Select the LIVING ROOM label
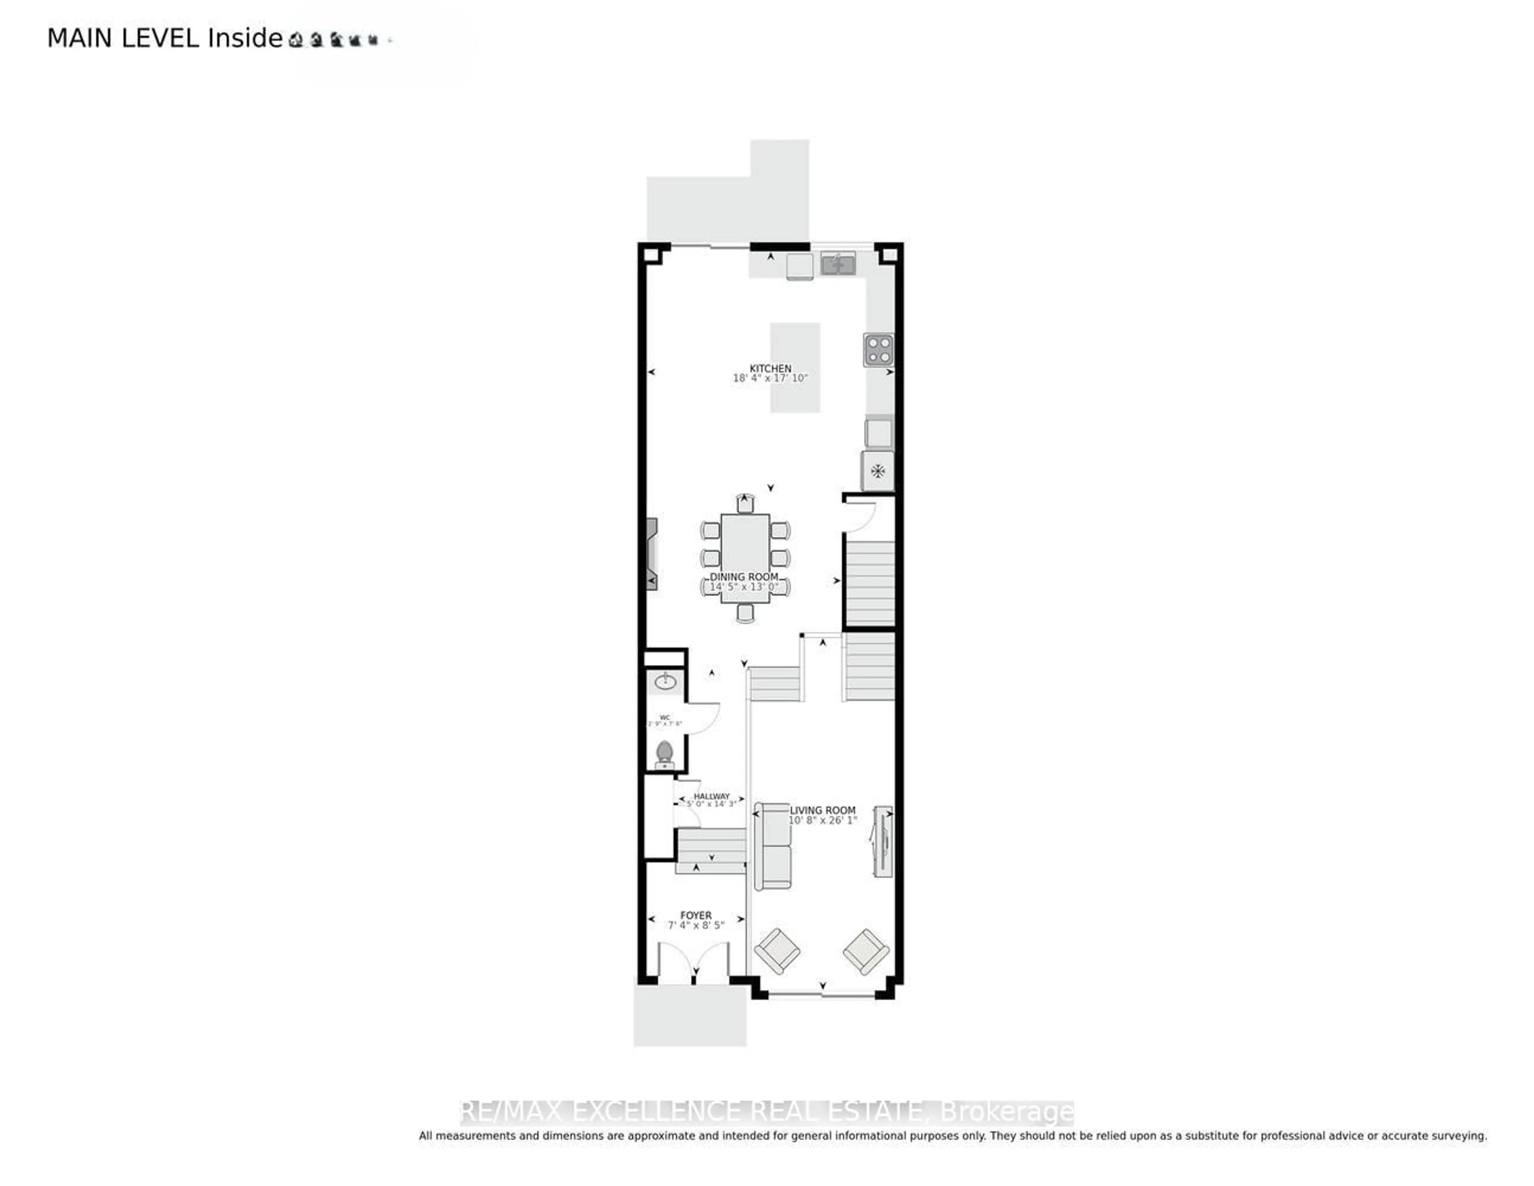[823, 810]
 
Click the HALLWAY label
[711, 796]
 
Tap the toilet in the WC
[664, 754]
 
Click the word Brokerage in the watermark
[1006, 1112]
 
